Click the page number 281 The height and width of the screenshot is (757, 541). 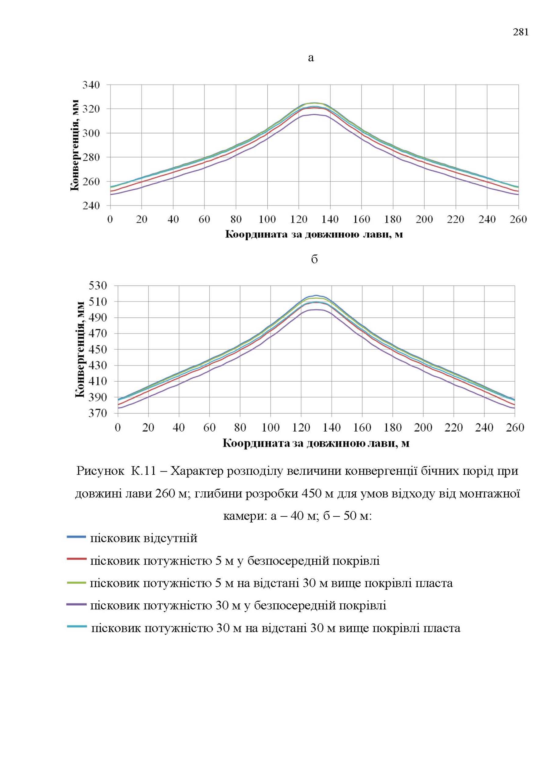[x=521, y=32]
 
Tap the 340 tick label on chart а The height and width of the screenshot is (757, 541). [x=91, y=85]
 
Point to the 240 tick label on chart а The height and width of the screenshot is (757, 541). [x=91, y=205]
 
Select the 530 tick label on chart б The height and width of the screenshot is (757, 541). [x=98, y=285]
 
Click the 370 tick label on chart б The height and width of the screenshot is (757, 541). [x=98, y=413]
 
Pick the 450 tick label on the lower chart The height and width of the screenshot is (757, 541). [x=98, y=350]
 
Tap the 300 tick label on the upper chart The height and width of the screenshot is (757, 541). [x=91, y=133]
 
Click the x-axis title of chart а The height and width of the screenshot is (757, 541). [x=314, y=234]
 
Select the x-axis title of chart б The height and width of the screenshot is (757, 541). [x=315, y=443]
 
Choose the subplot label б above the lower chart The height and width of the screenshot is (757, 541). [x=314, y=259]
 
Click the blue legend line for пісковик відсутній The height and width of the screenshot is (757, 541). [x=77, y=537]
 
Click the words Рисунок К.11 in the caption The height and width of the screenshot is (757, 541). [x=116, y=471]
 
